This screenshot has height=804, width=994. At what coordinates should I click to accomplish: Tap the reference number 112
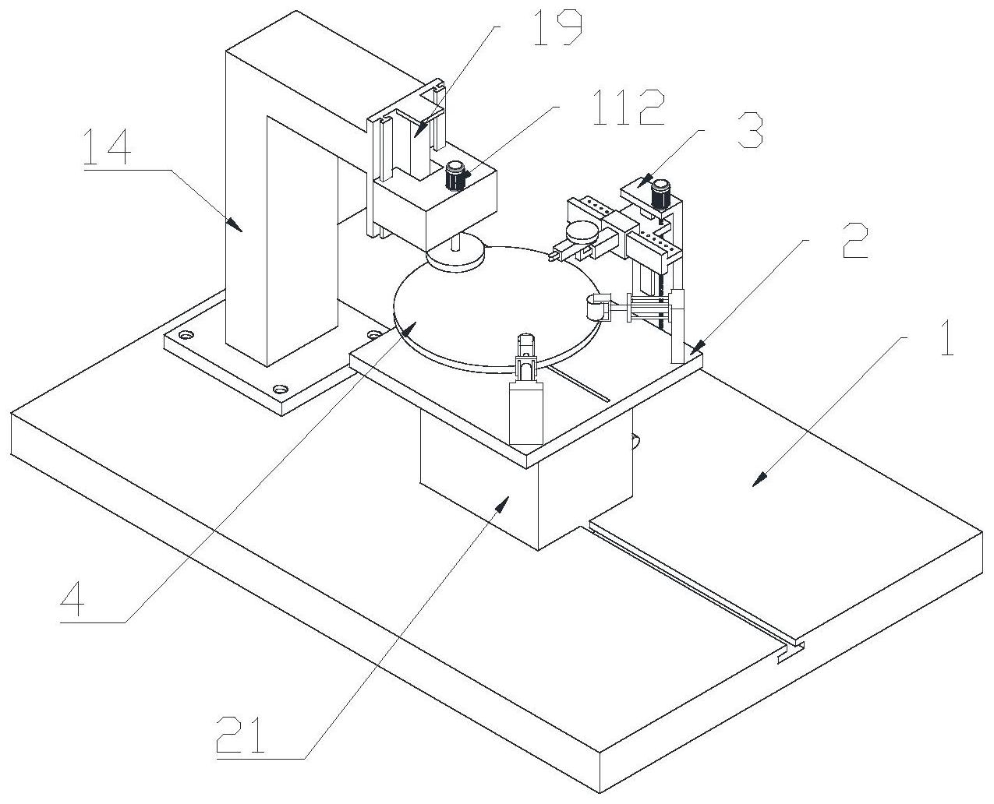(628, 108)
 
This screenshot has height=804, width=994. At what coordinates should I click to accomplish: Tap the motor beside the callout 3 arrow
(661, 193)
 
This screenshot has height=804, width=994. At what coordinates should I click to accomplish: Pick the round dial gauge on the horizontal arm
(581, 231)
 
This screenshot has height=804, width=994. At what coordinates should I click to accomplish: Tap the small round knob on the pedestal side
(636, 441)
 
